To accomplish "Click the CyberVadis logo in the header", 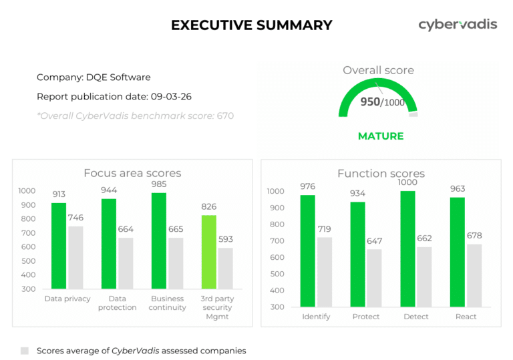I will pos(458,25).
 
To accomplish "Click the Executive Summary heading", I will pos(251,25).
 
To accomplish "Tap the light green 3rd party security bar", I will pos(208,252).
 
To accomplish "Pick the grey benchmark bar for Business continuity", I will pos(176,263).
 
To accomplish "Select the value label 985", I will pos(159,184).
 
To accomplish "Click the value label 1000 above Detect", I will pos(407,182).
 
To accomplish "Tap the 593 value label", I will pos(226,239).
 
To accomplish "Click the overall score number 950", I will pos(370,102).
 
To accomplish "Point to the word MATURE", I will pos(381,136).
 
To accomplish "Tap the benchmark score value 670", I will pos(225,116).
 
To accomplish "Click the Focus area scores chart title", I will pos(132,173).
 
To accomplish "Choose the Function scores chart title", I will pos(381,174).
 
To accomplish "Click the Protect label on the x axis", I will pos(366,317).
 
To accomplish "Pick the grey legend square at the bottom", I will pos(25,351).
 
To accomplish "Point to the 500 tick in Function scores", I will pos(276,274).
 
